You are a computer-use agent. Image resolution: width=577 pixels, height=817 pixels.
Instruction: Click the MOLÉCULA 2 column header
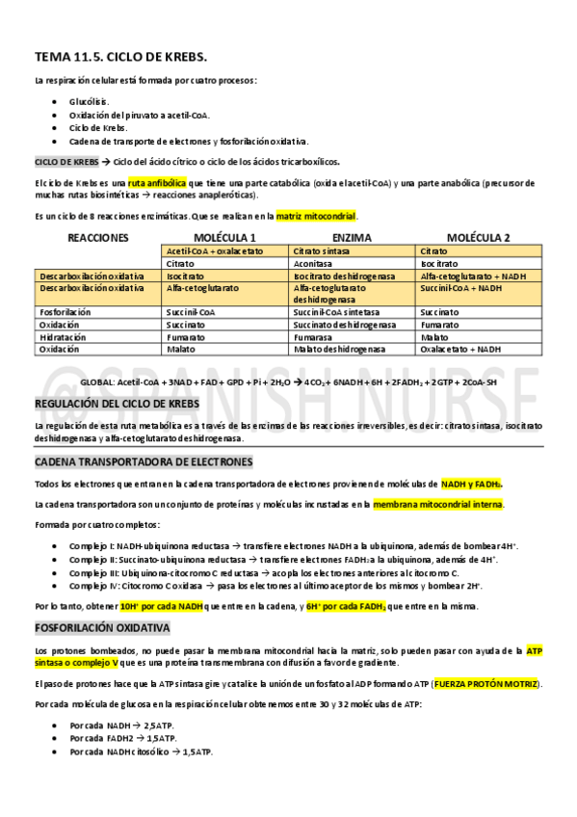[x=478, y=237]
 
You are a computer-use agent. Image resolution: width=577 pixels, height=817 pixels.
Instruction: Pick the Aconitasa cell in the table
[x=314, y=263]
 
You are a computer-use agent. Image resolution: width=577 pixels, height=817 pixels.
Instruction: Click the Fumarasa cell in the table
[x=313, y=338]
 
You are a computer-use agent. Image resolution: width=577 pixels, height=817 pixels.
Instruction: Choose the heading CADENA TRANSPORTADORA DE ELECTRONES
[x=143, y=462]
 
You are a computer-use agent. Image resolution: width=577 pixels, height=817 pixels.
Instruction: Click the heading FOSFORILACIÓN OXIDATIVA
[x=102, y=628]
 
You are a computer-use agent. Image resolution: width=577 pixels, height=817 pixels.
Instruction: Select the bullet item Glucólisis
[x=89, y=101]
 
